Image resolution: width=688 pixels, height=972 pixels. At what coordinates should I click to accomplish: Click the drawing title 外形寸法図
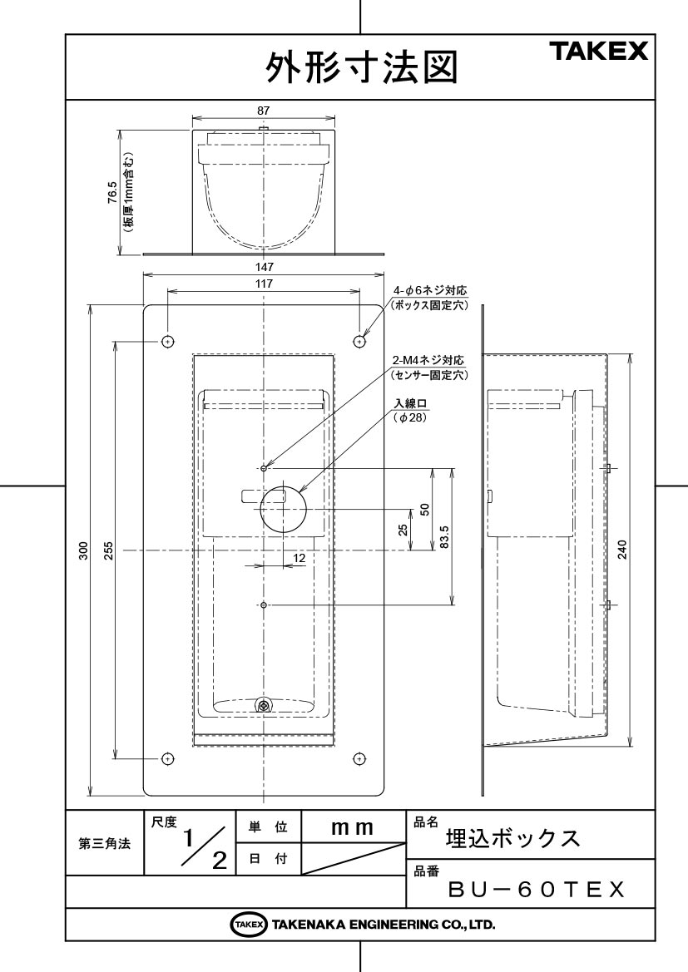coord(362,67)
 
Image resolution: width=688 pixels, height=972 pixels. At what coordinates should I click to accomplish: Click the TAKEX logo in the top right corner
coord(598,51)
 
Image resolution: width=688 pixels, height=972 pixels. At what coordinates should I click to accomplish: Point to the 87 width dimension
coord(264,111)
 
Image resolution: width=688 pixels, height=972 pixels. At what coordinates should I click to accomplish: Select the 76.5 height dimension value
coord(111,193)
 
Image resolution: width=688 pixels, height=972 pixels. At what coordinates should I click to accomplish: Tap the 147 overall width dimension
coord(265,267)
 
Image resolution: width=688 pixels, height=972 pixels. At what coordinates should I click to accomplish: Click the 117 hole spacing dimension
coord(265,284)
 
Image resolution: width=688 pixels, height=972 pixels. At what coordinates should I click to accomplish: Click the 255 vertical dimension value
coord(109,550)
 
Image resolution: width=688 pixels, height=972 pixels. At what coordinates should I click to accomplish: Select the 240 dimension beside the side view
coord(622,550)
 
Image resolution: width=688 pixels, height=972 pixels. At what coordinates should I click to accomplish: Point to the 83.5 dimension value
coord(443,537)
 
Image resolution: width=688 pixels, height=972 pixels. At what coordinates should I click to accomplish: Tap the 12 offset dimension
coord(299,558)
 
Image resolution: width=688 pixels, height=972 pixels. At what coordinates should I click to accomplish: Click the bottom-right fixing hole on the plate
coord(359,758)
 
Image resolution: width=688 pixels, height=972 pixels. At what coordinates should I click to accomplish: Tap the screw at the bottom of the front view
coord(264,704)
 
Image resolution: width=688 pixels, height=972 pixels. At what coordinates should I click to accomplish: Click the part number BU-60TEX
coord(536,891)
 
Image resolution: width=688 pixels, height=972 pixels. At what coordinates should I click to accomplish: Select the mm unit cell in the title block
coord(353,827)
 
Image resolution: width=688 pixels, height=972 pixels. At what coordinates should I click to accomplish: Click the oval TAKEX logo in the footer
coord(250,925)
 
